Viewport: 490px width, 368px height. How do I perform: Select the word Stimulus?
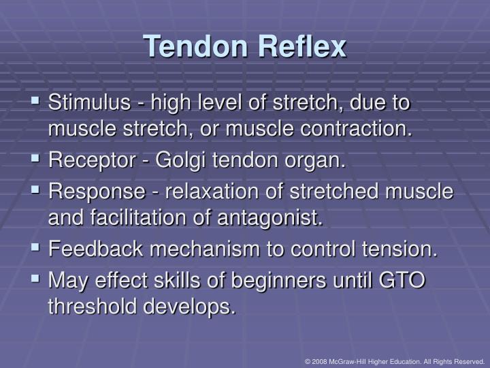pos(88,104)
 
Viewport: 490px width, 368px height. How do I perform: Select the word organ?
pos(319,162)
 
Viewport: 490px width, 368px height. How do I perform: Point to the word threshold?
pos(92,306)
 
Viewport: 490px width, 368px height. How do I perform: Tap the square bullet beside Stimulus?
pos(36,103)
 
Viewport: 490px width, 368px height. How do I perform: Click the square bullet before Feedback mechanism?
pos(36,248)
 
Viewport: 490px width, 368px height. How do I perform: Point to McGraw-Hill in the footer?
pos(351,361)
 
